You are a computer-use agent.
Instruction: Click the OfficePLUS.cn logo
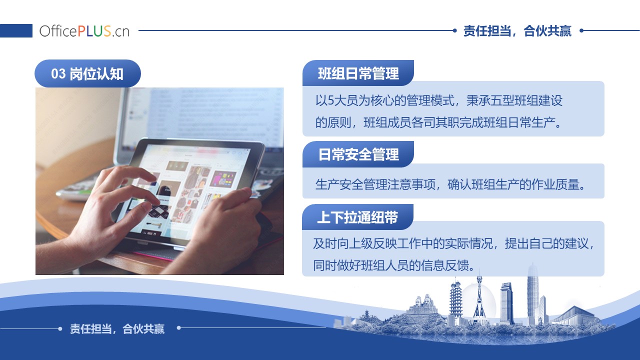tap(84, 31)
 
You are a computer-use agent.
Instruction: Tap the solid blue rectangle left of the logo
tap(16, 30)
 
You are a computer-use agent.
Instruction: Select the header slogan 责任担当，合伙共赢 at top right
tap(517, 31)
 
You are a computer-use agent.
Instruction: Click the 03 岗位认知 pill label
tap(87, 73)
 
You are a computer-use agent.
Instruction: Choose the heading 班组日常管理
tap(358, 73)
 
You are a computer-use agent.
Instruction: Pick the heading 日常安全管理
tap(358, 154)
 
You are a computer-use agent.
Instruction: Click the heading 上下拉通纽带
tap(357, 217)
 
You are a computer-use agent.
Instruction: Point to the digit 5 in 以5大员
tap(331, 100)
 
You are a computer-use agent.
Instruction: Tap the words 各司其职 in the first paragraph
tap(435, 122)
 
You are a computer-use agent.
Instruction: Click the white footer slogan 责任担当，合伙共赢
tap(117, 329)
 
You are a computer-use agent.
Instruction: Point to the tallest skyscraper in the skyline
tap(532, 294)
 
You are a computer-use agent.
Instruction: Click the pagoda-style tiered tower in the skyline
tap(455, 300)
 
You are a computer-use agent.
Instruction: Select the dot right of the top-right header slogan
tap(581, 30)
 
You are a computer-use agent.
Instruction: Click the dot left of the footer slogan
tap(60, 329)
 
